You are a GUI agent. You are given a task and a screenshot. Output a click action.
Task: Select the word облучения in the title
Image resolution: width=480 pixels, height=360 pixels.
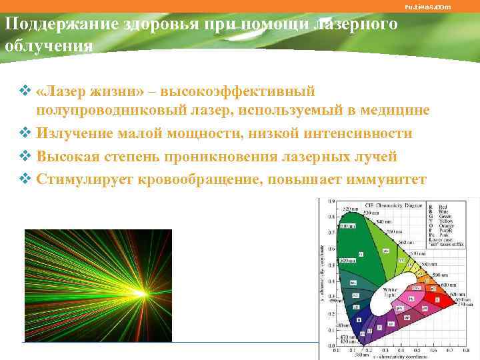click(x=49, y=47)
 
